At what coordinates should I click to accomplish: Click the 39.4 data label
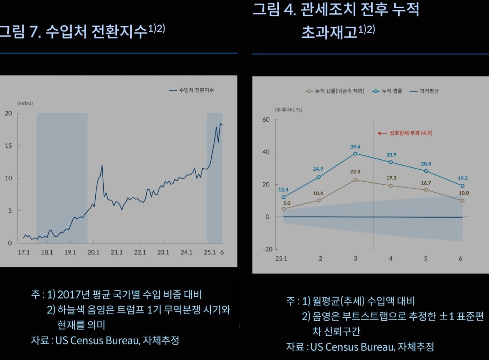[x=355, y=147]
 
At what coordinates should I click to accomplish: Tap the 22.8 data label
[x=355, y=171]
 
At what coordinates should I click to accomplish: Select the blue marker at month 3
[x=355, y=154]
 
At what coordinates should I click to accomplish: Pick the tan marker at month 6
[x=462, y=201]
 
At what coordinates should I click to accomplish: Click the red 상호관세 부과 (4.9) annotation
[x=410, y=133]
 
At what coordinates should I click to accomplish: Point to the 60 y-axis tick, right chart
[x=266, y=120]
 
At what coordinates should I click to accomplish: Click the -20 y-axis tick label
[x=268, y=249]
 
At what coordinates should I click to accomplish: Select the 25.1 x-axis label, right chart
[x=281, y=259]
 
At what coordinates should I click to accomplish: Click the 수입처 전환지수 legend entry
[x=196, y=90]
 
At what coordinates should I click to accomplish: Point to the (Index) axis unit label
[x=25, y=103]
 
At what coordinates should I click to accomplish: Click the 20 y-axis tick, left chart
[x=8, y=113]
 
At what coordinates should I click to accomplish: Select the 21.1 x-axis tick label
[x=117, y=252]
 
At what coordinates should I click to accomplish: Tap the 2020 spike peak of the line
[x=102, y=166]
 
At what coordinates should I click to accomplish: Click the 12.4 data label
[x=283, y=190]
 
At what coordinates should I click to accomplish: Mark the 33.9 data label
[x=391, y=155]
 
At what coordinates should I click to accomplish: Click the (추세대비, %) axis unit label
[x=289, y=110]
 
